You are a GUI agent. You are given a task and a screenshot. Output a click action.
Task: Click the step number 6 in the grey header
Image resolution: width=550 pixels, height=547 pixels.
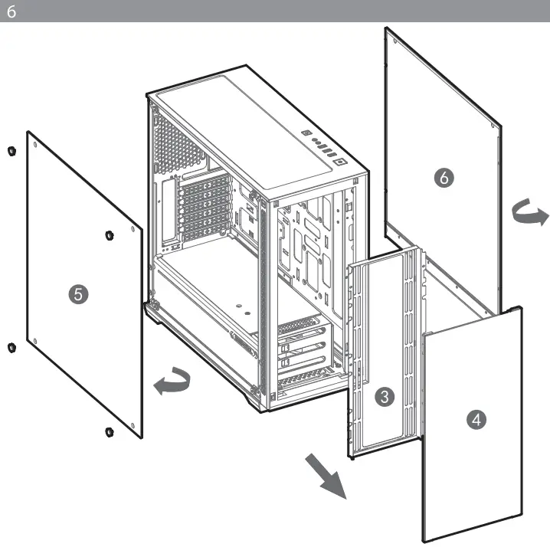tap(9, 10)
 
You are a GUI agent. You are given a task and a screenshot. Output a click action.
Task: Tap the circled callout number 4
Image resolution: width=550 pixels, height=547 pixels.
tap(476, 419)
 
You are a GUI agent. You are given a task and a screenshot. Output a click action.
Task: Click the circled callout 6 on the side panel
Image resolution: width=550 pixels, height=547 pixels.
tap(443, 178)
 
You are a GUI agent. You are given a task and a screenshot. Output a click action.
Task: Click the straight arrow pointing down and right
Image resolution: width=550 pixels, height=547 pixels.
tap(326, 476)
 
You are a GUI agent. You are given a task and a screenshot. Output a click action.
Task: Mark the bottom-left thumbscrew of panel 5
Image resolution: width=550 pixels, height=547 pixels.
tap(11, 349)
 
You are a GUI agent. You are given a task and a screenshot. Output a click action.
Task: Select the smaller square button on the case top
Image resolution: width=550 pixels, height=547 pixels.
tap(307, 133)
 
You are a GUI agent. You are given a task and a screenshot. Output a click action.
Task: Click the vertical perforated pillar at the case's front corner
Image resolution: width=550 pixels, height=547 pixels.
tap(265, 299)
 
